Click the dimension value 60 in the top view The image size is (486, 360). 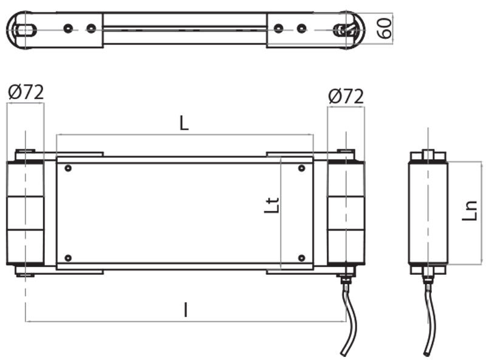pos(384,29)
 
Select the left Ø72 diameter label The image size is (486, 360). pos(26,92)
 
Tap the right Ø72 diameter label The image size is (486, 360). pos(346,96)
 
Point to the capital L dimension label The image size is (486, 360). pos(185,123)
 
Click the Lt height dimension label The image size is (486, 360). pos(273,205)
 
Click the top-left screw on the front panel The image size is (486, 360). pos(67,168)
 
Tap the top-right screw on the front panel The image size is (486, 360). pos(301,168)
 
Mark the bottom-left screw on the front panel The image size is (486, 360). pos(67,258)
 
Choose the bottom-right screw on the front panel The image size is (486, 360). pos(301,258)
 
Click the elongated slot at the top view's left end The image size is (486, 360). pos(25,29)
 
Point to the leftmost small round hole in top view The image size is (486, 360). pos(69,29)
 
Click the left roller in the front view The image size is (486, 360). pos(26,213)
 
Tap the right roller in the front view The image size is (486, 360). pos(346,213)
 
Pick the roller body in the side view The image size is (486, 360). pos(428,213)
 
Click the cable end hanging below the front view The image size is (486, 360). pos(344,351)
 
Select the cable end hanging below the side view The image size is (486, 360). pos(428,351)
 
